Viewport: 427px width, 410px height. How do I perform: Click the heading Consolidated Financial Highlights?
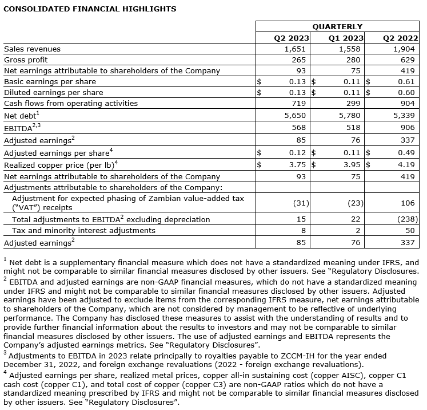[x=90, y=9]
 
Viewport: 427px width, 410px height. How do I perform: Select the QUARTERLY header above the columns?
[x=337, y=27]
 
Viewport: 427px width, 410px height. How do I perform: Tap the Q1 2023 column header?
[x=346, y=38]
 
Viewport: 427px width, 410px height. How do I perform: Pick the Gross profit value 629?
[x=408, y=60]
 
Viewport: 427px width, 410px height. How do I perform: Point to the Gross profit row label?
[x=26, y=60]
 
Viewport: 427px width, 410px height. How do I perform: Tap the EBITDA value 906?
[x=408, y=127]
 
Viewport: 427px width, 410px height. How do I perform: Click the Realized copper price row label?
[x=61, y=165]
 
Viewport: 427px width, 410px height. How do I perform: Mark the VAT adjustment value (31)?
[x=301, y=203]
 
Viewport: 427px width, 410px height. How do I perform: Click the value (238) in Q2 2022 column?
[x=406, y=219]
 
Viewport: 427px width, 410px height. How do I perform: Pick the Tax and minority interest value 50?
[x=410, y=230]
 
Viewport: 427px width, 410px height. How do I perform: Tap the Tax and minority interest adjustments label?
[x=83, y=230]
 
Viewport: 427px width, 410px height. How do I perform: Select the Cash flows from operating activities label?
[x=71, y=104]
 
